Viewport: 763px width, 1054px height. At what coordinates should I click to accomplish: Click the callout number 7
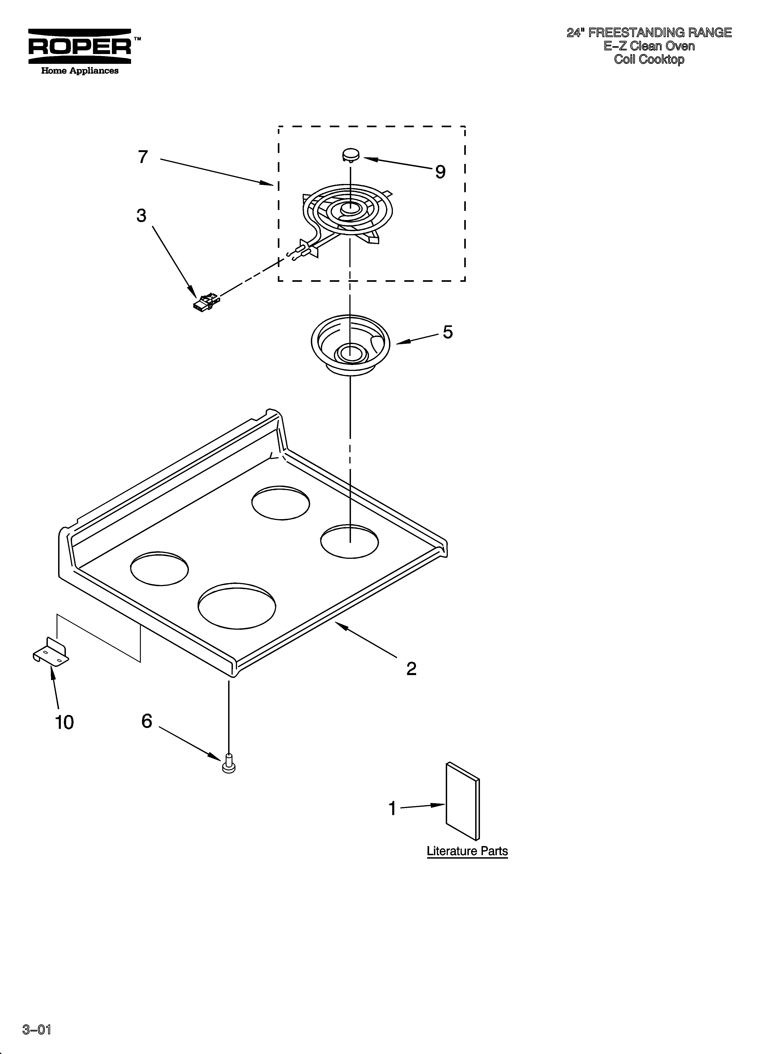point(143,157)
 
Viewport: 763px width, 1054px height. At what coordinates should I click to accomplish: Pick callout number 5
point(448,332)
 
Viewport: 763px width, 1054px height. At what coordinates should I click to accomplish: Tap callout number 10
point(64,723)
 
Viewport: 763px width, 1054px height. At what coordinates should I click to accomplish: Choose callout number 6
point(147,721)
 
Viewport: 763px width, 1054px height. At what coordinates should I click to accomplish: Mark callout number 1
point(393,809)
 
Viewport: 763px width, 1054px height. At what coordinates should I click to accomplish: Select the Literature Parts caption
point(467,851)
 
